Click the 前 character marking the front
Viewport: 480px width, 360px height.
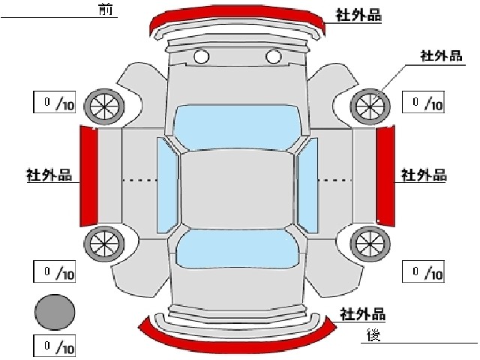pos(106,9)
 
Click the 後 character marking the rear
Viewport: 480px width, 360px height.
pos(373,334)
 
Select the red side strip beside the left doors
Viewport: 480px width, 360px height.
pos(88,176)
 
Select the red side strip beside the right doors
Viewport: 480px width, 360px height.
pos(385,176)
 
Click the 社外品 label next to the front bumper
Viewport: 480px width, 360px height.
pos(358,15)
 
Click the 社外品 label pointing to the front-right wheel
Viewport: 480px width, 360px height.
pos(441,56)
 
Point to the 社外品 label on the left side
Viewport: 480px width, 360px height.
pos(49,175)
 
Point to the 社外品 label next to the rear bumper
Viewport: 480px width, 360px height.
pos(363,314)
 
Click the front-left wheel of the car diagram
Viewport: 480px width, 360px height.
pos(104,106)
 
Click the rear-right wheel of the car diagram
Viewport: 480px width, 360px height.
pos(370,244)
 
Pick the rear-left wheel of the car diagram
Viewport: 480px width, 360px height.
pos(104,244)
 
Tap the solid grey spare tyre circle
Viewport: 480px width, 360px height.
pos(55,312)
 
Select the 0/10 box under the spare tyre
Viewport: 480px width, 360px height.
pos(55,346)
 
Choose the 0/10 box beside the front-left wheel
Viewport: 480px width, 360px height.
pos(55,102)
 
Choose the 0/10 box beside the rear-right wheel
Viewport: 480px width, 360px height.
pos(423,271)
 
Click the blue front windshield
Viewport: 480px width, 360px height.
pos(237,127)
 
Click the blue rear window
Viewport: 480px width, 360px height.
pos(237,249)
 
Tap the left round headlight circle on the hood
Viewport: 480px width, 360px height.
pos(202,57)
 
